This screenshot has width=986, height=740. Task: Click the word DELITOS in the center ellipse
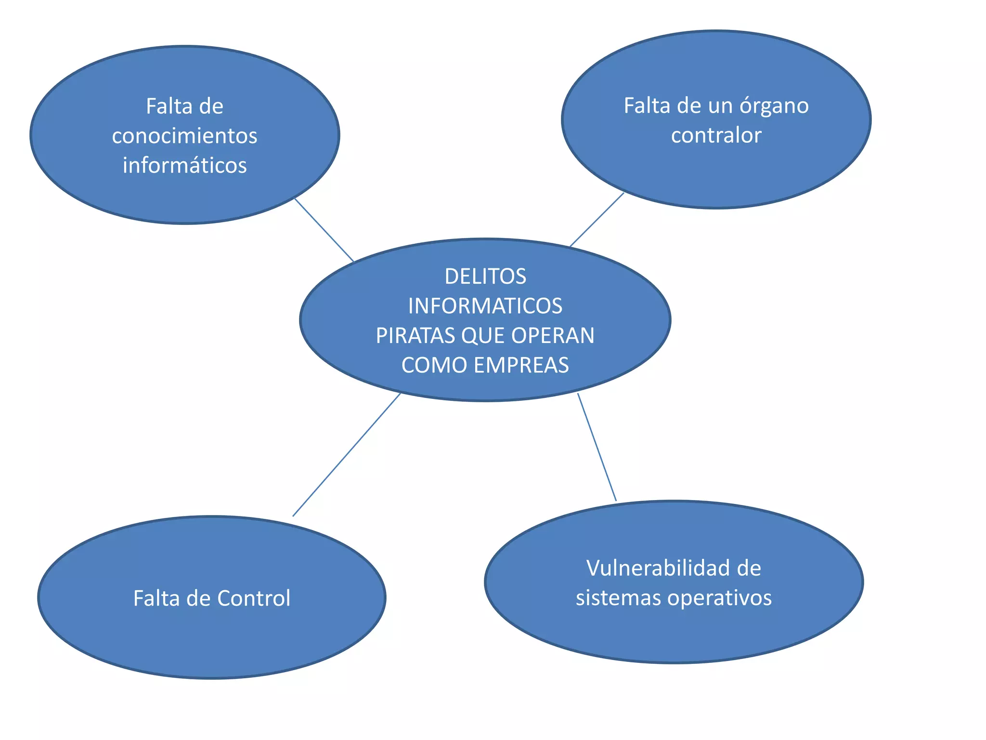485,277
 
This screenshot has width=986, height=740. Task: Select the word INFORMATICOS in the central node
485,306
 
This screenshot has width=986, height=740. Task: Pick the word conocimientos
184,136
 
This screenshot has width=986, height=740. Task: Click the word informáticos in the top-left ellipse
184,165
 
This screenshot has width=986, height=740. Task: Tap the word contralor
716,135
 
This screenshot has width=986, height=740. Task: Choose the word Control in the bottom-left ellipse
254,598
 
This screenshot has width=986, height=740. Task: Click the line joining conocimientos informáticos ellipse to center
324,230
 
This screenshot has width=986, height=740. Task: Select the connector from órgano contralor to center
597,220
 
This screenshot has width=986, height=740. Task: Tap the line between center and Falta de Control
347,455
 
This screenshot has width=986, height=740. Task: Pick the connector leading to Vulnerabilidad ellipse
597,447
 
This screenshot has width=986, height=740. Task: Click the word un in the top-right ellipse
720,106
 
